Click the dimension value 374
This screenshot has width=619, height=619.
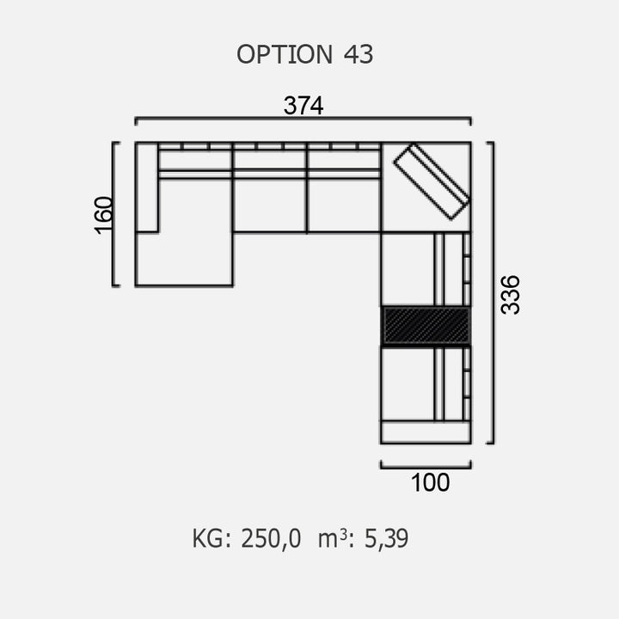(303, 106)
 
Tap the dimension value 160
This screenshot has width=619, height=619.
(104, 215)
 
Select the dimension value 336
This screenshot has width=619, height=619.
(510, 295)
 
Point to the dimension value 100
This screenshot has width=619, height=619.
(430, 482)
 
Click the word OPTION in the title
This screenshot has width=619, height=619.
(285, 54)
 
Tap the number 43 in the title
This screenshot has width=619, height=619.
(359, 54)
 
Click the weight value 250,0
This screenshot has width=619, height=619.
(271, 538)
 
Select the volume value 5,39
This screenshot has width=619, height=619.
(386, 538)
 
